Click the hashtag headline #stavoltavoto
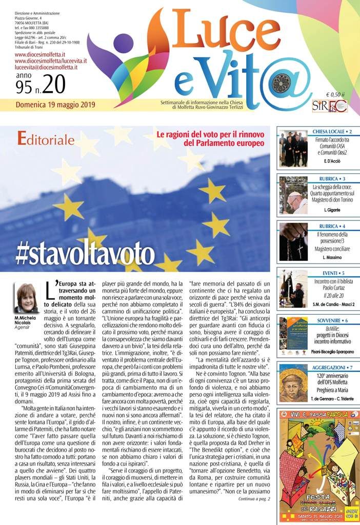(x=85, y=253)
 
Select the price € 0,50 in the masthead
(x=335, y=94)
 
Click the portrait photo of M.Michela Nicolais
(x=26, y=298)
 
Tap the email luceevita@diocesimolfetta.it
(x=46, y=67)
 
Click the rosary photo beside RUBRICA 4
(x=293, y=241)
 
